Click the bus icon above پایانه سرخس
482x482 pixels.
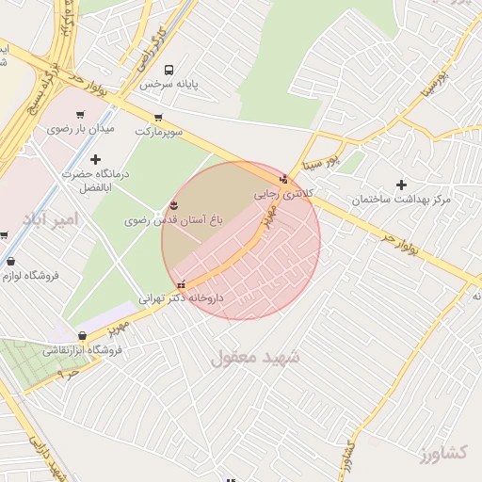point(169,70)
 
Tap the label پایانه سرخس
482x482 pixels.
point(171,85)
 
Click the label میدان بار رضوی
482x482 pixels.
point(81,127)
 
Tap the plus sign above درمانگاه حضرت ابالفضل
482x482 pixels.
point(95,159)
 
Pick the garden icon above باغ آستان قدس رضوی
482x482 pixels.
point(172,205)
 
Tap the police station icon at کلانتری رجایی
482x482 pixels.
point(283,179)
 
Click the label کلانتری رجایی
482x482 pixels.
point(280,195)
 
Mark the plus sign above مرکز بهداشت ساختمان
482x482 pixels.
point(402,185)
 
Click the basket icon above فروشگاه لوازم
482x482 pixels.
point(10,262)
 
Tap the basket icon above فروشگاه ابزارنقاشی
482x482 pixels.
point(83,335)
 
